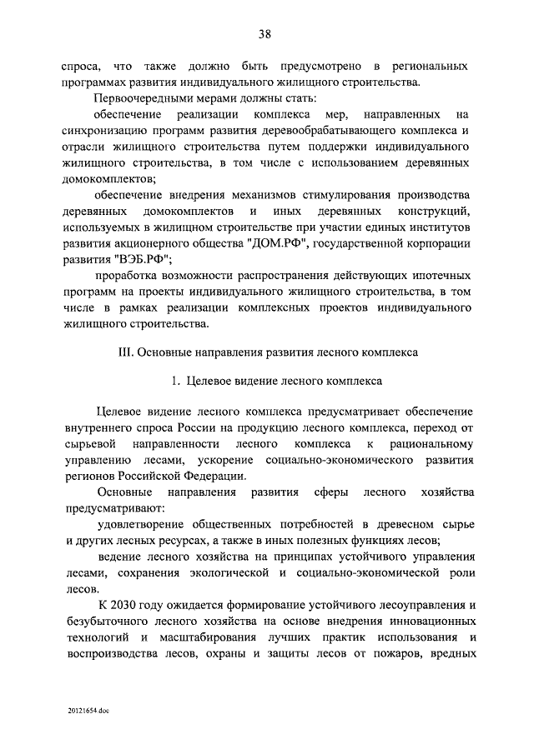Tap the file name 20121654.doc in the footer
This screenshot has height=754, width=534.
point(89,713)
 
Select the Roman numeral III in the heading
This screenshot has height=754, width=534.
point(128,352)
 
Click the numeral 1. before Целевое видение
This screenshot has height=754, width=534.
point(175,382)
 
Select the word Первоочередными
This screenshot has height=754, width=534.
point(143,98)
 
